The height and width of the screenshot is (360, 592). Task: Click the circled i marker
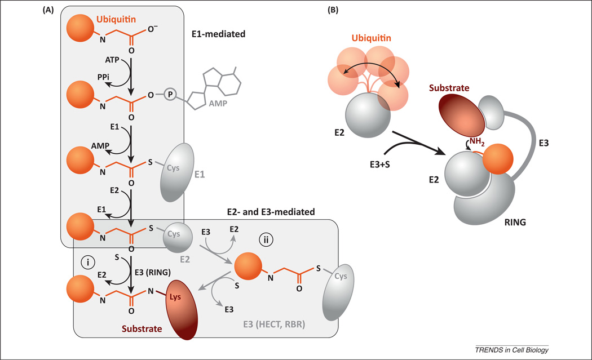point(87,261)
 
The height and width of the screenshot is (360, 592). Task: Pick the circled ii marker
point(264,239)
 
